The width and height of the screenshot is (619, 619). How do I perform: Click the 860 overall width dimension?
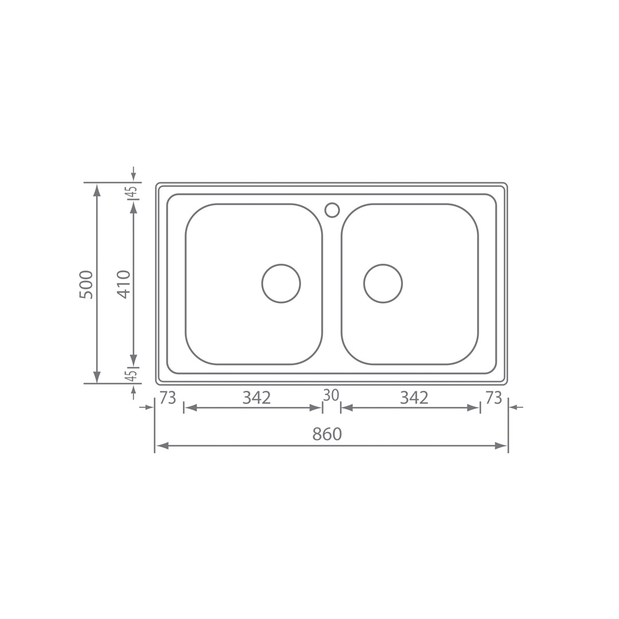[327, 434]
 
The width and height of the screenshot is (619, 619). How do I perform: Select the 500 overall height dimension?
[86, 285]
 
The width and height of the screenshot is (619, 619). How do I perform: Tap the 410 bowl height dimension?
[124, 284]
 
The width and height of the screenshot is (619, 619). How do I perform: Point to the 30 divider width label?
[331, 395]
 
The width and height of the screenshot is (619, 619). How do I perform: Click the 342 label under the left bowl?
[257, 398]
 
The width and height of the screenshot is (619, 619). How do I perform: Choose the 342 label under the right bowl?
[414, 398]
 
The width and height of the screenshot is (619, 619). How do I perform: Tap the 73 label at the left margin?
[168, 398]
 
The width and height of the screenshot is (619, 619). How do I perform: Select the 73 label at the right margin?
[493, 398]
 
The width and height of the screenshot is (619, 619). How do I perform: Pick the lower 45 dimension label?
[133, 375]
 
